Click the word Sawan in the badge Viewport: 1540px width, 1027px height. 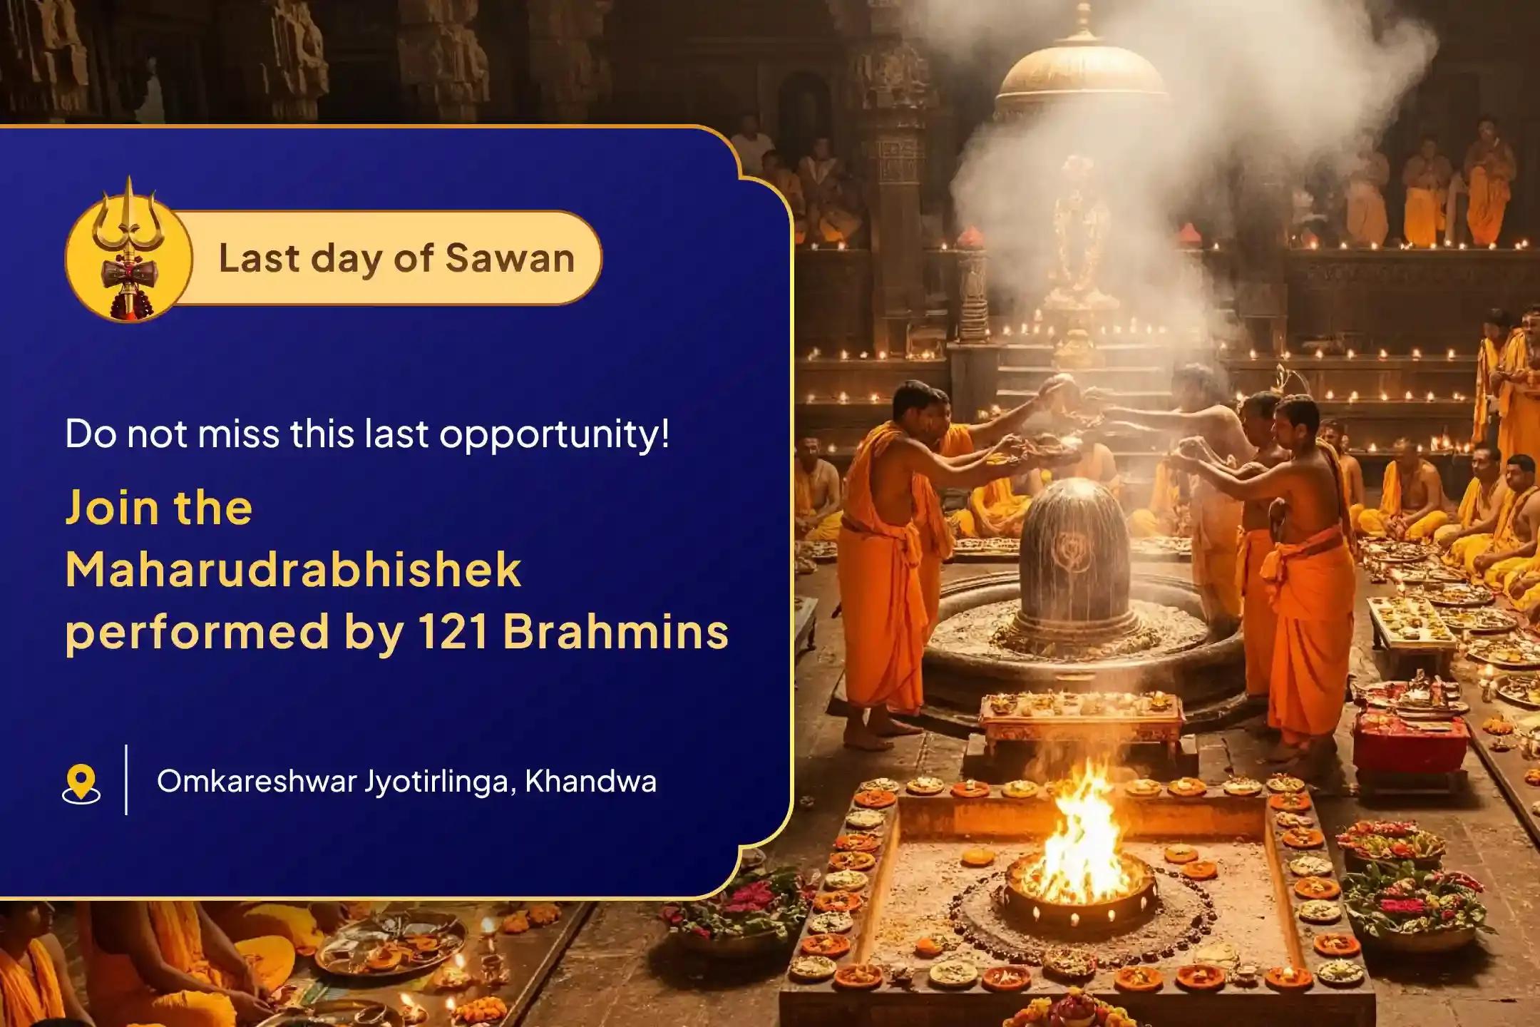pyautogui.click(x=510, y=258)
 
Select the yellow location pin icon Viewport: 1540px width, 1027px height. pyautogui.click(x=81, y=783)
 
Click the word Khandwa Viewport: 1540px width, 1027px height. pyautogui.click(x=590, y=782)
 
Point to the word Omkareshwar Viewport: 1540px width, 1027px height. pyautogui.click(x=257, y=782)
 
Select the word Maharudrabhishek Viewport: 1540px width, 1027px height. pyautogui.click(x=293, y=570)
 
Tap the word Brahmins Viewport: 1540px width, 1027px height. pyautogui.click(x=616, y=632)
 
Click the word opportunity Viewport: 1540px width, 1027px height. pyautogui.click(x=555, y=435)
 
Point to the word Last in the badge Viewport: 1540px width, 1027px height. pyautogui.click(x=258, y=258)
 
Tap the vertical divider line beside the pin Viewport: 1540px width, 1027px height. pyautogui.click(x=126, y=780)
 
